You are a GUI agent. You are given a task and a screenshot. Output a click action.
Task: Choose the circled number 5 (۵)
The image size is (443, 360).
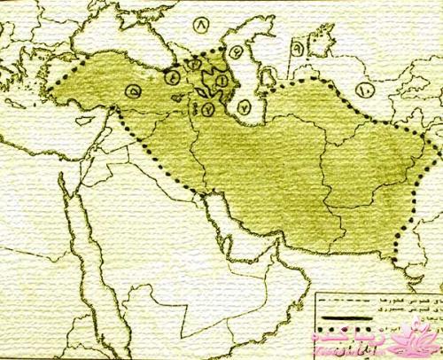[133, 90]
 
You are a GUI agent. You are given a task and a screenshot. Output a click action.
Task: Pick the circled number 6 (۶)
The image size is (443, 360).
[296, 43]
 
